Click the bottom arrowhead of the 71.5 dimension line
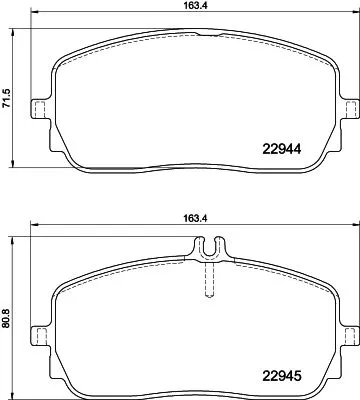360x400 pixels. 13,163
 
